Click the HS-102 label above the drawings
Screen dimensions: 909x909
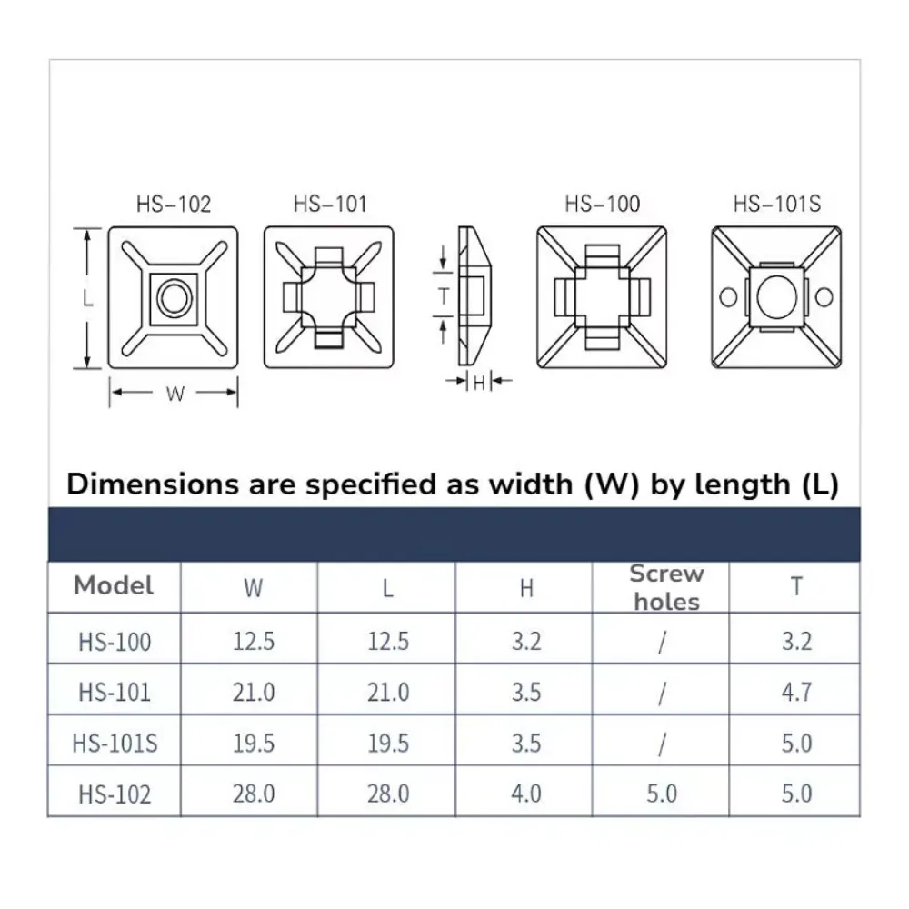(x=174, y=205)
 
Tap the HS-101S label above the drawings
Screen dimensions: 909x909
(x=777, y=204)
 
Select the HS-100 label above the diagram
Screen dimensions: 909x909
(x=603, y=204)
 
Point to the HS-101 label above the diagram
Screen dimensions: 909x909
(x=330, y=204)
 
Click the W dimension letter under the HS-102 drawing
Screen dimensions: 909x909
(x=175, y=395)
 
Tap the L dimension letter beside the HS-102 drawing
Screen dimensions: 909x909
(x=88, y=298)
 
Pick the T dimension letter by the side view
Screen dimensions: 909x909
(x=445, y=295)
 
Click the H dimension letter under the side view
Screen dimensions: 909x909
(x=479, y=383)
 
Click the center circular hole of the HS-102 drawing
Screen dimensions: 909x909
(x=174, y=298)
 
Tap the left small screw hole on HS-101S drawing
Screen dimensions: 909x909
(x=728, y=297)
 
